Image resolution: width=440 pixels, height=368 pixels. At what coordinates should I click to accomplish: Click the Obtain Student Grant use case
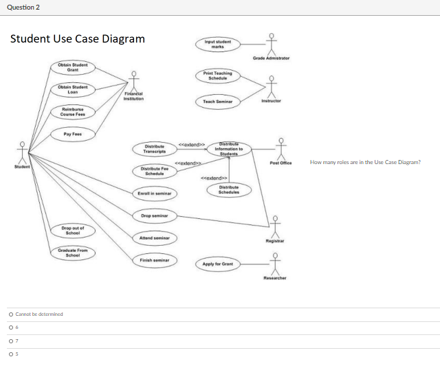pos(72,67)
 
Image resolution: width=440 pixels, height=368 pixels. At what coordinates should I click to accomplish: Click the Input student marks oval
pos(218,44)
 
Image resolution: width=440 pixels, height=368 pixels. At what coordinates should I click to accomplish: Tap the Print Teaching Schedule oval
pos(218,76)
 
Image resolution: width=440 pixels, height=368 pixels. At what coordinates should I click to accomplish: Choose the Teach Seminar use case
pos(218,101)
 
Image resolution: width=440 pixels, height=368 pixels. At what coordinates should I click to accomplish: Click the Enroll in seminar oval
pos(155,194)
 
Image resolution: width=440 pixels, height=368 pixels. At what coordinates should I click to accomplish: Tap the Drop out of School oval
pos(72,230)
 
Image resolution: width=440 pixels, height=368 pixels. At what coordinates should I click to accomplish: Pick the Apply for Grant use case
pos(218,264)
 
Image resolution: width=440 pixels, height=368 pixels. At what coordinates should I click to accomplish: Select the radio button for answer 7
pos(10,341)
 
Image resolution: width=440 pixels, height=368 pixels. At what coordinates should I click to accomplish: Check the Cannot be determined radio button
pos(10,314)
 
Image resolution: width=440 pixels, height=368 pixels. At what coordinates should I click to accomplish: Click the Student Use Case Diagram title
pos(78,38)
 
